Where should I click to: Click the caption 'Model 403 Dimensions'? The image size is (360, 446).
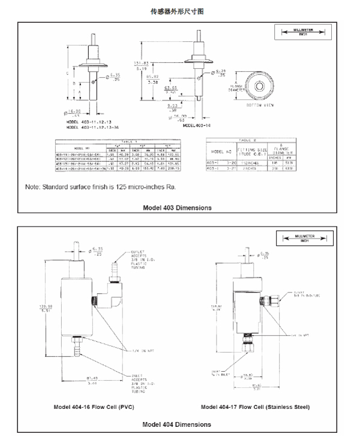point(177,208)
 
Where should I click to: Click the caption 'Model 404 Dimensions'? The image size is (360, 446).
point(177,424)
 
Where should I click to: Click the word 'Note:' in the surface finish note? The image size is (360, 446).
point(33,188)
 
